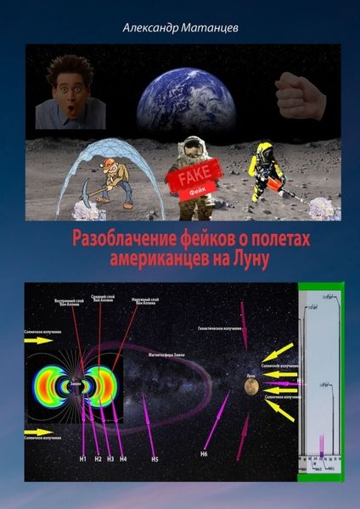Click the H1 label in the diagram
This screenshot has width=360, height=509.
pyautogui.click(x=83, y=459)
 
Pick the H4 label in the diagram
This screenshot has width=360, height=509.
pyautogui.click(x=124, y=459)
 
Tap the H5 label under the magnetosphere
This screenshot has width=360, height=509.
pyautogui.click(x=154, y=459)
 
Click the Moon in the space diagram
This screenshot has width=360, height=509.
pyautogui.click(x=251, y=386)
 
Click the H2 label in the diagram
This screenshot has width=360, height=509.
pyautogui.click(x=98, y=459)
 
